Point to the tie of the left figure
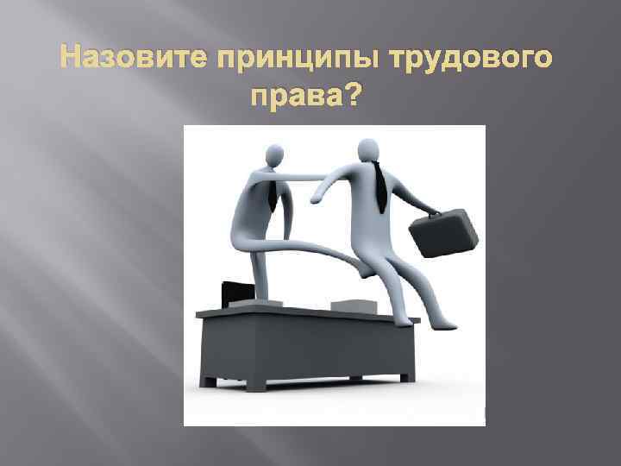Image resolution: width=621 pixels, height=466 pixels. point(273,193)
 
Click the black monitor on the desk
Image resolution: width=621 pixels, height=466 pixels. point(236,293)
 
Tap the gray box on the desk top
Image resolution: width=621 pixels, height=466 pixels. point(354,305)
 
